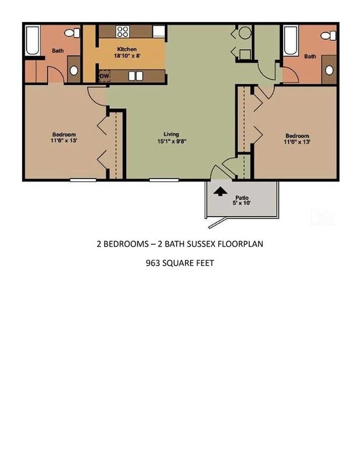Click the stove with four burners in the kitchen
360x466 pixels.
123,32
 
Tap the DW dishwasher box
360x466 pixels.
104,76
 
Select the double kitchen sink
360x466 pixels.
136,76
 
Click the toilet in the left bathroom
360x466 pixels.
71,33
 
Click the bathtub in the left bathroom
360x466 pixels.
33,40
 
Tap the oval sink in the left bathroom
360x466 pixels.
74,71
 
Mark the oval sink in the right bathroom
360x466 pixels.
329,70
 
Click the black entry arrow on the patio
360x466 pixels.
220,192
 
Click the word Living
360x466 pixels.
171,134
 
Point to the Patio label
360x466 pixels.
241,197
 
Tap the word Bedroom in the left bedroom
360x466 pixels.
64,135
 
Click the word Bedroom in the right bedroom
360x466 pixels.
297,136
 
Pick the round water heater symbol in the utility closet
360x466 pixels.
245,33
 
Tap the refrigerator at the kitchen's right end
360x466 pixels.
160,31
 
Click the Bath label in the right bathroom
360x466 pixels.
310,56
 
